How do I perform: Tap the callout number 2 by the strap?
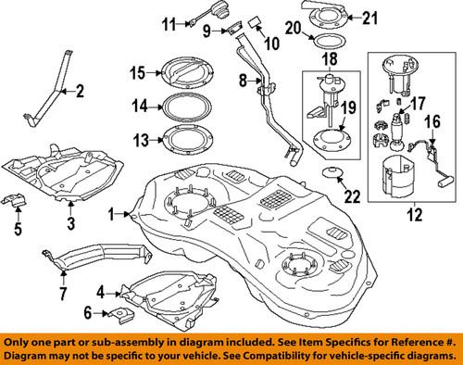click(79, 91)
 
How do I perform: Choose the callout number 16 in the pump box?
click(429, 120)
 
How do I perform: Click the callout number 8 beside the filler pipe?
click(244, 82)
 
